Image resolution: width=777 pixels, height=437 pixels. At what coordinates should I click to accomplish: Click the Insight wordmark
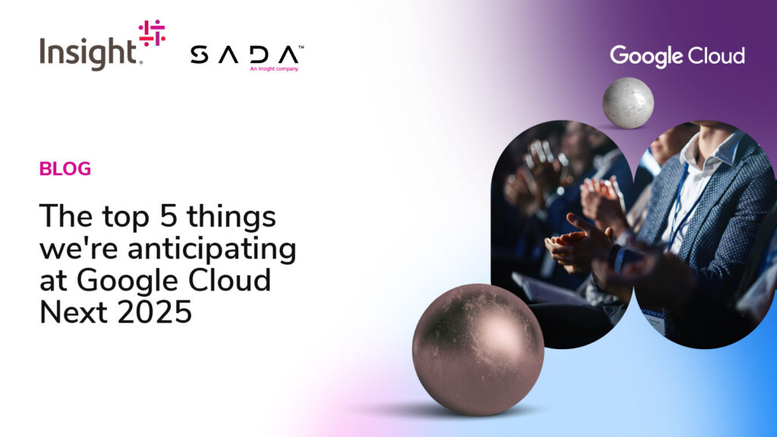coord(88,54)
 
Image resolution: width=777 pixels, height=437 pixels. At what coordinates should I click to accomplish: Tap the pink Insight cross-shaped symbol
coord(152,33)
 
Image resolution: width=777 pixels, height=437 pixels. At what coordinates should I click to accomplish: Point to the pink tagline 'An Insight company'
coord(274,69)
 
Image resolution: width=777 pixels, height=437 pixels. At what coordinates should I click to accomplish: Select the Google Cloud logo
coord(677,56)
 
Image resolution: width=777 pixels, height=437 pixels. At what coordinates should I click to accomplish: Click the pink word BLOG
coord(65,169)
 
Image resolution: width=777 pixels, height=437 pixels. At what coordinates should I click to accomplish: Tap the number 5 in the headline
coord(168,216)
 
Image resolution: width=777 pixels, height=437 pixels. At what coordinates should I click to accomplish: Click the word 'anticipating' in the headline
coord(212,249)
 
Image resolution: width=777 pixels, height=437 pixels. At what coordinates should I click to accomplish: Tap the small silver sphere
coord(628,103)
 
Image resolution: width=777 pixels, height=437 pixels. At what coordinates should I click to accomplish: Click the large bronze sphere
coord(478,350)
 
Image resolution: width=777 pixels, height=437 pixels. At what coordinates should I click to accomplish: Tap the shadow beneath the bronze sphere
coord(446,410)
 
